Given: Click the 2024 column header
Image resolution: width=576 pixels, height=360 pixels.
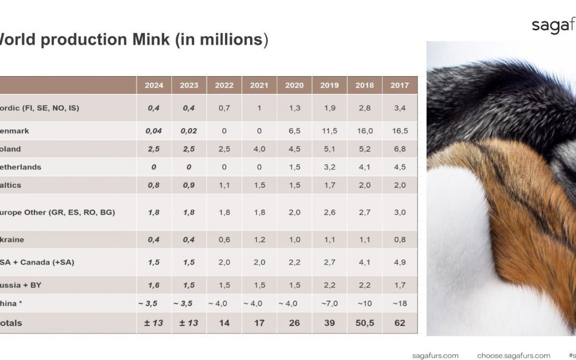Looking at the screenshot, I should click(154, 85).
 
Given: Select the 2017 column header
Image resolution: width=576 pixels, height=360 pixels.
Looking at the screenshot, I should click(399, 85).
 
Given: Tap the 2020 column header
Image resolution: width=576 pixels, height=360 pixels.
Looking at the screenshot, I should click(294, 85).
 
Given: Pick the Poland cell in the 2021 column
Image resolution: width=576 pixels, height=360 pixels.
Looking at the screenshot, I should click(259, 149).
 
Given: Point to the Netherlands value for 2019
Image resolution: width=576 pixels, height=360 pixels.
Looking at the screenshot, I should click(329, 167).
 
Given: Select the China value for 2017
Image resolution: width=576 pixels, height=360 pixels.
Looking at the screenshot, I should click(399, 303).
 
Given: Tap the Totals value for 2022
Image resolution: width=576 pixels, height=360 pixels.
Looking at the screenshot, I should click(224, 323).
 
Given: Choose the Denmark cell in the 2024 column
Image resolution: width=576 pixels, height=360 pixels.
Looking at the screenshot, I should click(154, 131).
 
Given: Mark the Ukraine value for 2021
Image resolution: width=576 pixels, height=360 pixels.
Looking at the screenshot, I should click(259, 239).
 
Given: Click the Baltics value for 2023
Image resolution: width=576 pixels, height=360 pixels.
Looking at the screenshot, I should click(189, 185).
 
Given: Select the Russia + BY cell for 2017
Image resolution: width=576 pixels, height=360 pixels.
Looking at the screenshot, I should click(399, 285).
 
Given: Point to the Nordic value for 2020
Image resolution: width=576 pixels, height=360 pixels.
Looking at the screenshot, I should click(294, 108).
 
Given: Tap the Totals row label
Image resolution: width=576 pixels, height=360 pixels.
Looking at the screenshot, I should click(11, 323).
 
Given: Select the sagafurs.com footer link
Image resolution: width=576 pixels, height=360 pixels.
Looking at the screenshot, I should click(435, 355).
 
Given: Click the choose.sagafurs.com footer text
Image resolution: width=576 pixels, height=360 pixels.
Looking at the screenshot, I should click(514, 355).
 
